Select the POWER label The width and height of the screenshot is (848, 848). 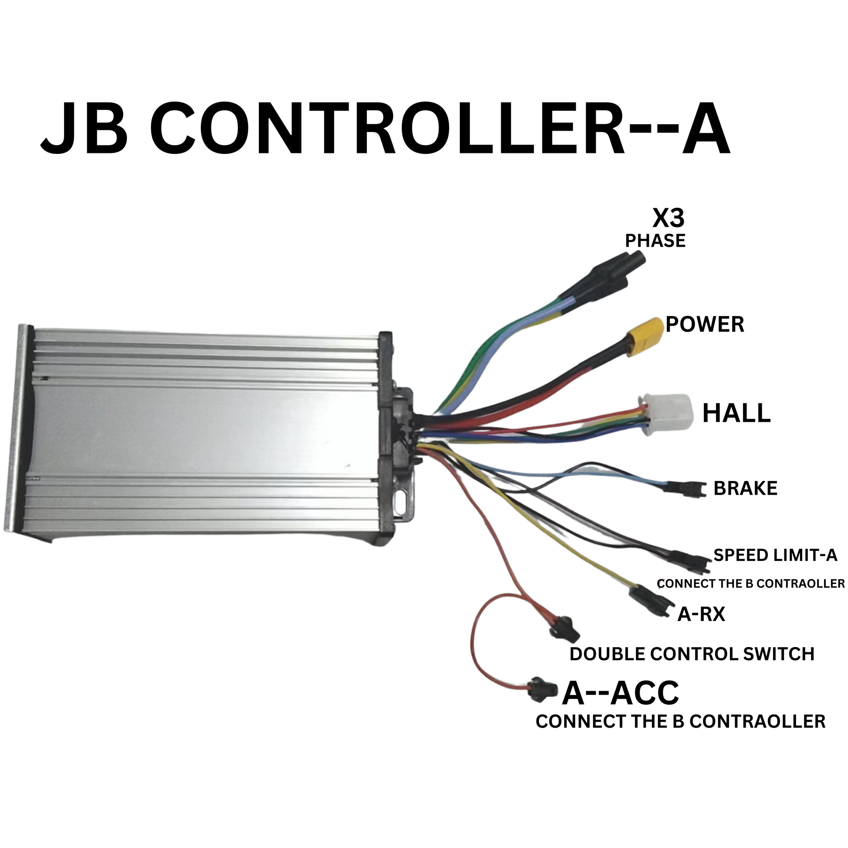[x=705, y=325]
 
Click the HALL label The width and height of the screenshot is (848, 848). [x=736, y=414]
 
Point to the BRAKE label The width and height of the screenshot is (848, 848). [x=745, y=488]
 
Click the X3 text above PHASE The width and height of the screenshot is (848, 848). [x=668, y=218]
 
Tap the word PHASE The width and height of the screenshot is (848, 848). [x=655, y=241]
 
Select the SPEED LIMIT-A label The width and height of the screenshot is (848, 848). [x=775, y=555]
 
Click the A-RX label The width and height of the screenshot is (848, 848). [x=701, y=614]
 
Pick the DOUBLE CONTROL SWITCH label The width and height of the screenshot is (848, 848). [x=692, y=654]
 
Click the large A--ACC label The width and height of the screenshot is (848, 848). [x=620, y=693]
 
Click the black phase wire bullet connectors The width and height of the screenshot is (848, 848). [x=614, y=270]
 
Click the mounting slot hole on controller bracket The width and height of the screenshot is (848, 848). [x=403, y=501]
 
